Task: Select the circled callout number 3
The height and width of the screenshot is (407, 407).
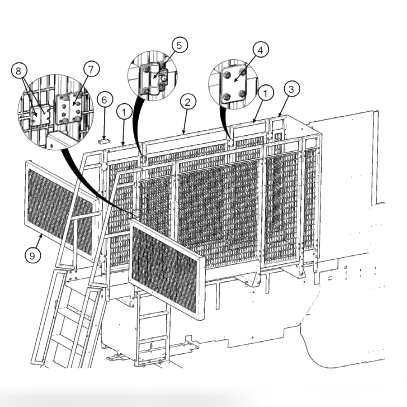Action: click(291, 89)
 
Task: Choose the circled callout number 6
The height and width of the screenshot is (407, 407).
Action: click(104, 100)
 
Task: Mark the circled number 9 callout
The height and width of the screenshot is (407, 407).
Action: click(32, 255)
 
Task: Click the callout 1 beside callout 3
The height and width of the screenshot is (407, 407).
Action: click(265, 94)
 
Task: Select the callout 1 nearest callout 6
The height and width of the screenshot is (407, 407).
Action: click(124, 112)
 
